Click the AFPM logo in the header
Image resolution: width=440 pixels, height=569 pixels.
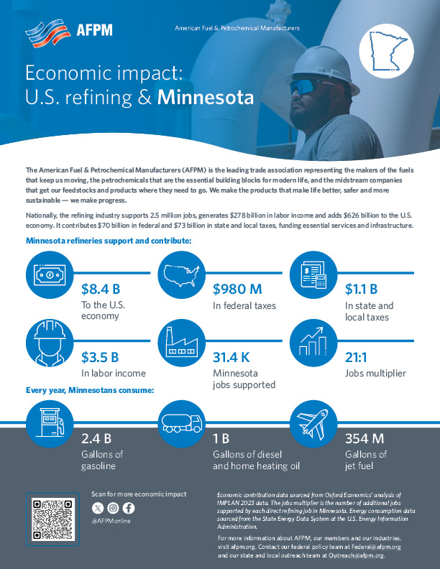click(x=68, y=32)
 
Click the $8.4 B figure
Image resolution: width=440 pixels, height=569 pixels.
click(x=100, y=290)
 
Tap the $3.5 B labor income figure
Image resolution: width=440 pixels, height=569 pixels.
click(x=100, y=356)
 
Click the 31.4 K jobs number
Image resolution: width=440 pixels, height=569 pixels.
click(x=237, y=356)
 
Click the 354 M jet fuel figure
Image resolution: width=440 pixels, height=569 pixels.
click(x=365, y=438)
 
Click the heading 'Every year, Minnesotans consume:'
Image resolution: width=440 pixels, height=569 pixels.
click(x=90, y=391)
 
